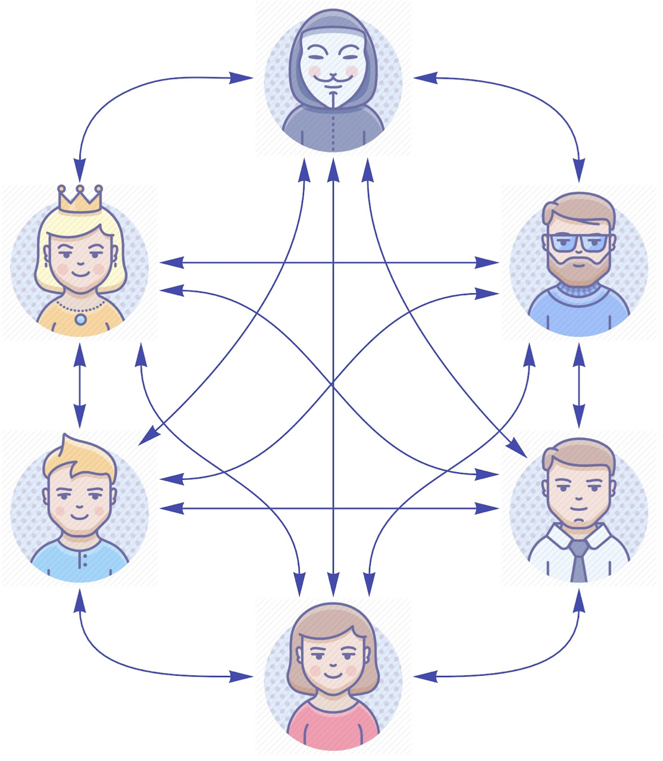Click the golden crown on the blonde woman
tap(80, 198)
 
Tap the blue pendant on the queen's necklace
tap(80, 319)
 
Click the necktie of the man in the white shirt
tap(578, 560)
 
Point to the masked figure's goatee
tap(333, 98)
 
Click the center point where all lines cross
tap(333, 386)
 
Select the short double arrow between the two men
tap(578, 386)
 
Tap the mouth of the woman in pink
tap(333, 676)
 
